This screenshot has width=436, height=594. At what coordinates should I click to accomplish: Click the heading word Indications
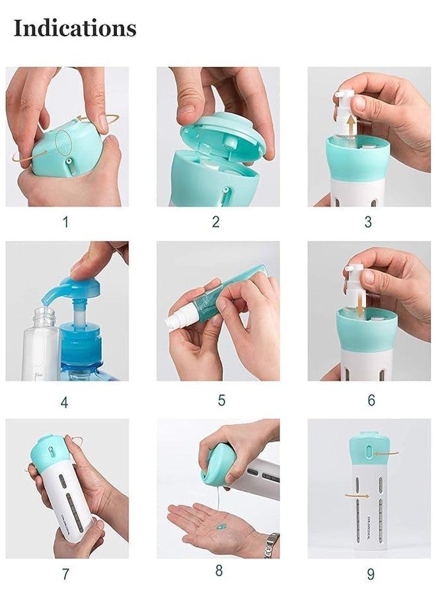(75, 28)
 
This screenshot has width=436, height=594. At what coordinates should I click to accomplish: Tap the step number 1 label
(65, 222)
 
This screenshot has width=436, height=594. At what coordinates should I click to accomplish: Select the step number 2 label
(215, 222)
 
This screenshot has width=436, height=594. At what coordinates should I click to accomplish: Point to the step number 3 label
(368, 222)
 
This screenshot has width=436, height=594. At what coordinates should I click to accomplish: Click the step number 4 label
(64, 402)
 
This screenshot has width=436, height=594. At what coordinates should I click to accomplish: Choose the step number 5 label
(221, 401)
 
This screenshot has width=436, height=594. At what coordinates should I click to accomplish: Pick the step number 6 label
(371, 401)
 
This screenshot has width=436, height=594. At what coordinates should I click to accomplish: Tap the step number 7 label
(65, 574)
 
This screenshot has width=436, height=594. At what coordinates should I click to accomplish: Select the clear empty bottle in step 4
(40, 346)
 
